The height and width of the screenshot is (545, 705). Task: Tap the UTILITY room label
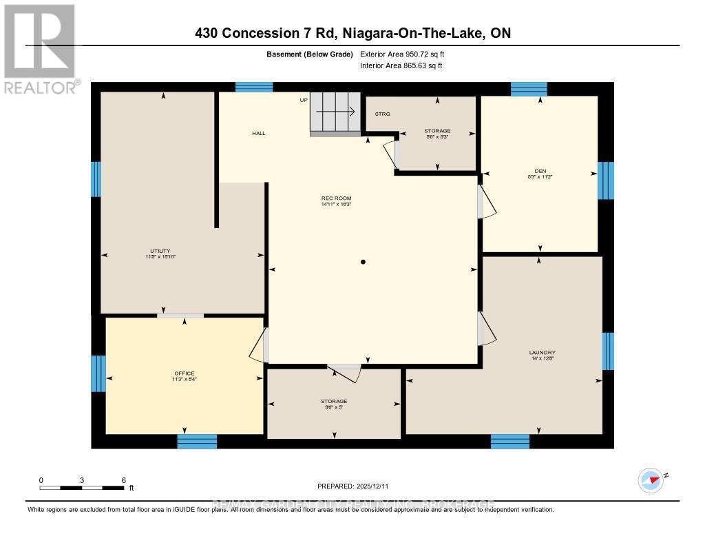coord(160,251)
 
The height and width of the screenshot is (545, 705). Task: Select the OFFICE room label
coord(185,373)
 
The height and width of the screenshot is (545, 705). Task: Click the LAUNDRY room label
coord(543,352)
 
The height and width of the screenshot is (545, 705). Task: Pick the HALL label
coord(258,134)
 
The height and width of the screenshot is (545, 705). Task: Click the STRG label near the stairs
coord(383,114)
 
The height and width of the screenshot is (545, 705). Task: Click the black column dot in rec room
coord(363,262)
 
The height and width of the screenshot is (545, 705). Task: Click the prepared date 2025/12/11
coord(352,486)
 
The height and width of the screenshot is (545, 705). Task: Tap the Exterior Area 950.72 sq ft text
coord(407,54)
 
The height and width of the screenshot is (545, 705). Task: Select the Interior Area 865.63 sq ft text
coord(401,66)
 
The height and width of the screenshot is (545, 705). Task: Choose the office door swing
coord(258,345)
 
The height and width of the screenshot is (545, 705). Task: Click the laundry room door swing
coord(487,329)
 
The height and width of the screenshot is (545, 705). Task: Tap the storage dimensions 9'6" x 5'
coord(334,407)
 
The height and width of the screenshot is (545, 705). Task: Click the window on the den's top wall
coord(529,89)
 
